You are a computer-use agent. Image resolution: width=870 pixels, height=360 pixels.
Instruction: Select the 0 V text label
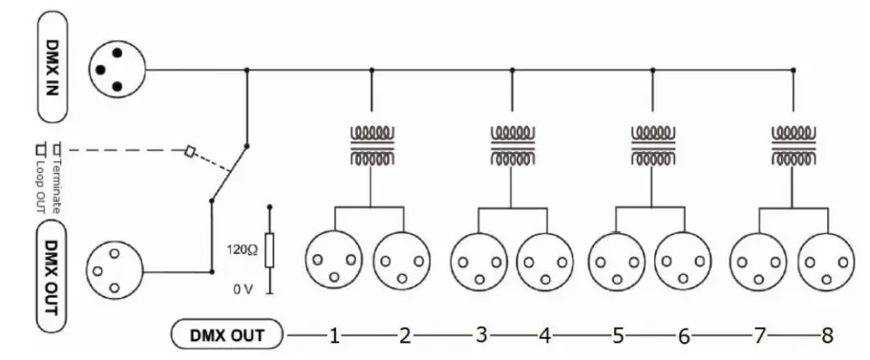point(245,286)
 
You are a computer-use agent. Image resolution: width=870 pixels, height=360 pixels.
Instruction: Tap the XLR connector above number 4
point(545,258)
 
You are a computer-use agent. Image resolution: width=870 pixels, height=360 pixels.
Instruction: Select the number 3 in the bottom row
point(480,335)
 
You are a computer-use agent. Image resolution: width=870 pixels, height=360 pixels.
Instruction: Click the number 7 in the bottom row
point(760,335)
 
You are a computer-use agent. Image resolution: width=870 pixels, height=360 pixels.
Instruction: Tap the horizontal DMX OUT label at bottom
point(228,335)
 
